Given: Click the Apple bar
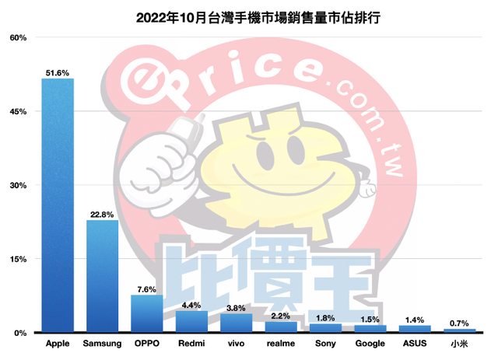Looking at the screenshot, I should pyautogui.click(x=58, y=205).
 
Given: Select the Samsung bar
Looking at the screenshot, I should pyautogui.click(x=102, y=276).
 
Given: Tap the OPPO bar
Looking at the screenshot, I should pyautogui.click(x=146, y=313).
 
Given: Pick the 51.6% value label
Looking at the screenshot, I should pyautogui.click(x=58, y=73).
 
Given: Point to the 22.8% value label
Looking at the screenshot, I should pyautogui.click(x=102, y=215).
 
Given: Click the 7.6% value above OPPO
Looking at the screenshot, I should pyautogui.click(x=146, y=289).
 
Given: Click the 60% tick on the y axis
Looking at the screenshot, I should pyautogui.click(x=18, y=38).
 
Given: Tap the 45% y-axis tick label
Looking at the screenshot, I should pyautogui.click(x=18, y=112).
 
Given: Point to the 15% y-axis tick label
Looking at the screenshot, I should pyautogui.click(x=18, y=259).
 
